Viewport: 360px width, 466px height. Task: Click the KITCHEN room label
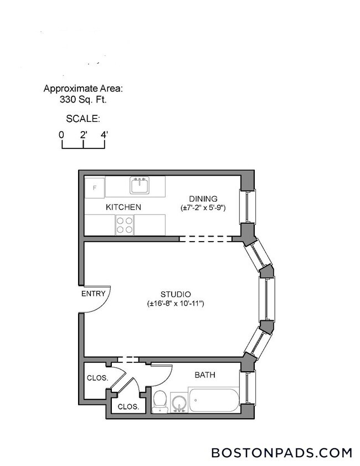(x=124, y=207)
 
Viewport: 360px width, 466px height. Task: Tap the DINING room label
(x=203, y=199)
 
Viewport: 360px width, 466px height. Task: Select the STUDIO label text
(x=176, y=294)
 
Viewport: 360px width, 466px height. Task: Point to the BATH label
(x=205, y=375)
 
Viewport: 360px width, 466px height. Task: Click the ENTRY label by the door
(x=93, y=294)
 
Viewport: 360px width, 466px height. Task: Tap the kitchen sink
(x=139, y=185)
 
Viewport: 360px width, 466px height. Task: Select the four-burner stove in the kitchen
(x=125, y=224)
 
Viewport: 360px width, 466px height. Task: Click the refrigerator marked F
(x=95, y=187)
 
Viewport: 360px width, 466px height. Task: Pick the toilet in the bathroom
(x=160, y=400)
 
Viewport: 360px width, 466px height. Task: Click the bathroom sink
(x=178, y=403)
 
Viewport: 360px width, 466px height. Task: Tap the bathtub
(x=214, y=400)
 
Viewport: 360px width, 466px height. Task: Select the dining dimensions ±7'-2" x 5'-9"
(x=203, y=208)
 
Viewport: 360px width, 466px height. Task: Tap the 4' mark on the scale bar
(x=104, y=135)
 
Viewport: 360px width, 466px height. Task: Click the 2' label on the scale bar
(x=83, y=135)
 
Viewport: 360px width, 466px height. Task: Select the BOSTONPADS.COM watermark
(x=281, y=453)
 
